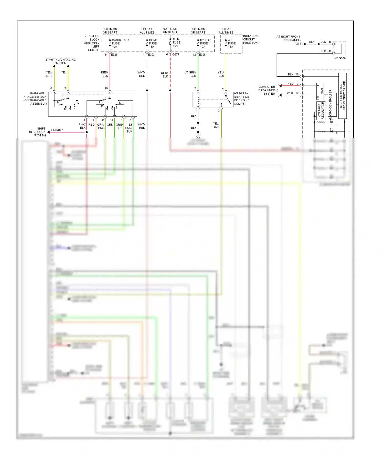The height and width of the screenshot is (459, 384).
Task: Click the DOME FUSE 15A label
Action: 153,43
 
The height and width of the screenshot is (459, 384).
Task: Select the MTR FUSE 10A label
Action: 176,42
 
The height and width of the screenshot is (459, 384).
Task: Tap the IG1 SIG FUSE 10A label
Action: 205,43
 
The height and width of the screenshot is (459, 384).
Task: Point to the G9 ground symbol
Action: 198,133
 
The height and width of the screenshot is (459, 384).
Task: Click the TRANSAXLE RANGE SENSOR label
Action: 35,98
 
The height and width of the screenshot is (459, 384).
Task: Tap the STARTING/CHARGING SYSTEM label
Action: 60,61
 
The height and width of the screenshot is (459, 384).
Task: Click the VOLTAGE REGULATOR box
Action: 321,111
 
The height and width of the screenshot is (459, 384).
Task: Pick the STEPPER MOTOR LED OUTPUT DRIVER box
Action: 342,96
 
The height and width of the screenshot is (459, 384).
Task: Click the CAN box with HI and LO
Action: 320,91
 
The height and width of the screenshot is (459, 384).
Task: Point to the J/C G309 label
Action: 339,58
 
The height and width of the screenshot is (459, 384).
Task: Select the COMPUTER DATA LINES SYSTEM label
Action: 267,90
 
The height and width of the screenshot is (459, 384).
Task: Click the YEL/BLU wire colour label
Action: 221,74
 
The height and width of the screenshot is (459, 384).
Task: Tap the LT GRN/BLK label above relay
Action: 190,74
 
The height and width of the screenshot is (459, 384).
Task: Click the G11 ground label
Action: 298,44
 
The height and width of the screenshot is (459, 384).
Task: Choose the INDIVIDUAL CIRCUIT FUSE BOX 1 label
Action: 251,39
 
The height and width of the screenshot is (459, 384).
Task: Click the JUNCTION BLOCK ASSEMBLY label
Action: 92,43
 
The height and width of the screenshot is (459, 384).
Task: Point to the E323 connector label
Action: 151,54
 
